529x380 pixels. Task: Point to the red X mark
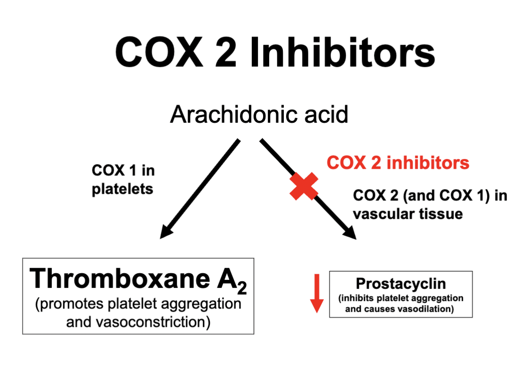[x=304, y=186]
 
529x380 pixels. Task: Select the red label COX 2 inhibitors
[x=398, y=163]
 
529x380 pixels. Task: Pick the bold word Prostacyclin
[x=401, y=284]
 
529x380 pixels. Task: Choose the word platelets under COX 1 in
[x=123, y=189]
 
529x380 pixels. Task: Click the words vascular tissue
[x=408, y=214]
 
